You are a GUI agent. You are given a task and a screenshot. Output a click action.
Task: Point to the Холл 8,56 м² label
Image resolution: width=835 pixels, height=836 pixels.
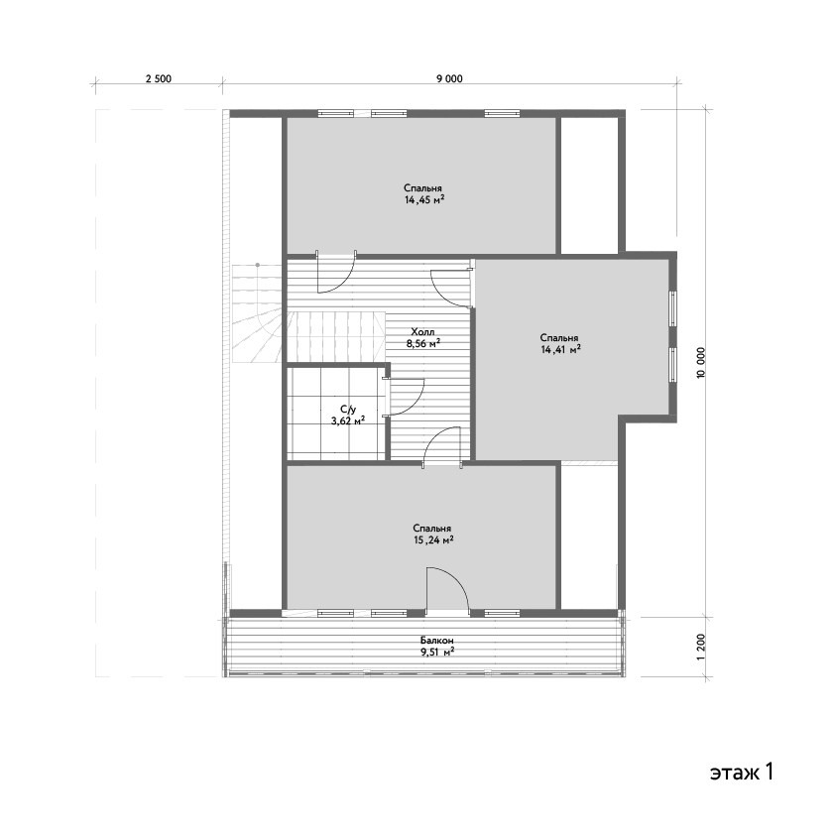423,338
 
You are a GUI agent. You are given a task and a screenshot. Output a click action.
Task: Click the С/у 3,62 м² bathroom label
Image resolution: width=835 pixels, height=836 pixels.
348,415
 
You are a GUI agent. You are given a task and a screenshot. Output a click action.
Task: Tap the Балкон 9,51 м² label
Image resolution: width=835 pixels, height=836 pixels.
437,646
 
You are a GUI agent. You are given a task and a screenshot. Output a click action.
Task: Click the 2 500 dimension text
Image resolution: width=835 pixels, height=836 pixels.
159,79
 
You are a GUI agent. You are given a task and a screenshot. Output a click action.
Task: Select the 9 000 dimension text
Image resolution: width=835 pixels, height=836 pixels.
449,79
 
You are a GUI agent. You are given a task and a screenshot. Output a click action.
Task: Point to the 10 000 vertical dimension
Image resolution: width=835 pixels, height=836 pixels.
701,363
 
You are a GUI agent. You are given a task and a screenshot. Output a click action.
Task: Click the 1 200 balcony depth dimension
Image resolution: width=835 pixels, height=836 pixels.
701,647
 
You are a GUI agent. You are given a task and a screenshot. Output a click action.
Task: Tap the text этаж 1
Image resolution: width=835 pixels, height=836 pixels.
742,772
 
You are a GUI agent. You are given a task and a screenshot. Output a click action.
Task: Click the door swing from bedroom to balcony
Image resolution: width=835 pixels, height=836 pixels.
448,589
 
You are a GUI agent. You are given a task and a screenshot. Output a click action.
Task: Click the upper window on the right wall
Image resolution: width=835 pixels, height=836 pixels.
673,308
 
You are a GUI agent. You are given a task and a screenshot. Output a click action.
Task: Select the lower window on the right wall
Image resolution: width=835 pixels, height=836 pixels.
673,365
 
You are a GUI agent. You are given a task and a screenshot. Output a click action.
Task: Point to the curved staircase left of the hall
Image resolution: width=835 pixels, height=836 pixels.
257,314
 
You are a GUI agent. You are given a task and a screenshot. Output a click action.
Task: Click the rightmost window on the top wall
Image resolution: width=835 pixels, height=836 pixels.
502,113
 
